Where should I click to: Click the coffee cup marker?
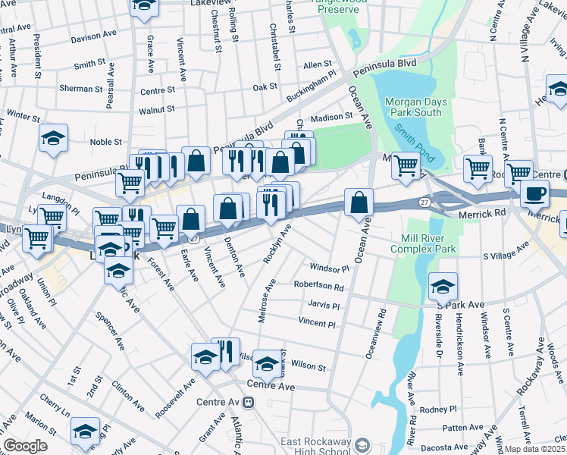[534, 193]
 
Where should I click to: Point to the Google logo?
[24, 446]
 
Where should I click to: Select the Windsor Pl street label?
[329, 268]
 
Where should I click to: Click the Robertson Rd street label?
[319, 287]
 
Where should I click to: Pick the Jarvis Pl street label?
[323, 306]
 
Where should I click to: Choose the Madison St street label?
[332, 117]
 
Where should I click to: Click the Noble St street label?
[106, 142]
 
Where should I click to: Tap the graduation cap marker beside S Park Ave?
[443, 285]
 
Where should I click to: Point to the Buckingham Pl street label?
[312, 89]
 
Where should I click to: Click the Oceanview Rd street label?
[376, 332]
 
